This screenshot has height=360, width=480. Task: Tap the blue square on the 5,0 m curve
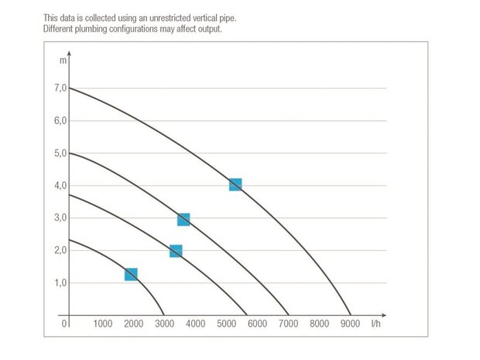click(x=183, y=220)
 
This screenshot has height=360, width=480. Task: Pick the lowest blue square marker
click(x=131, y=275)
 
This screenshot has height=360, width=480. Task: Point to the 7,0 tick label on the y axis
click(x=60, y=88)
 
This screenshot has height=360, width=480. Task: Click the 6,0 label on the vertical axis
click(x=60, y=121)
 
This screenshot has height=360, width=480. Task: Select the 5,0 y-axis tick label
click(x=60, y=153)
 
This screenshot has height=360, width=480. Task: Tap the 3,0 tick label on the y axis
click(x=60, y=218)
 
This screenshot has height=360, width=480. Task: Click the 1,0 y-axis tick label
click(x=60, y=283)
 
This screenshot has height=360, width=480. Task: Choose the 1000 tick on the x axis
click(x=102, y=324)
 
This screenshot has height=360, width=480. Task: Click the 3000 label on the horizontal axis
click(x=164, y=324)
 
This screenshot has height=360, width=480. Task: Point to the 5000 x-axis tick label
click(x=226, y=324)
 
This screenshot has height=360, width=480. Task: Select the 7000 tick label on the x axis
click(x=288, y=324)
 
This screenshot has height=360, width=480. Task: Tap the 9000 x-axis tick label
click(x=350, y=324)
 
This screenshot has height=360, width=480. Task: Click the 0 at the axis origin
click(x=65, y=324)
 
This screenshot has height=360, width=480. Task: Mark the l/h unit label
click(x=376, y=324)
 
